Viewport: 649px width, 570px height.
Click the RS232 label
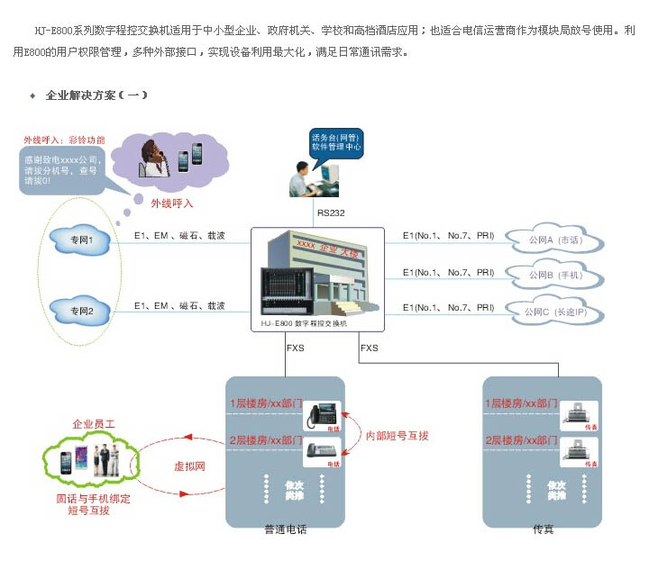pyautogui.click(x=331, y=213)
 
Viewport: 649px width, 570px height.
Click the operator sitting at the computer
pyautogui.click(x=302, y=178)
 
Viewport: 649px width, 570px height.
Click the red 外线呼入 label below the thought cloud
pyautogui.click(x=172, y=204)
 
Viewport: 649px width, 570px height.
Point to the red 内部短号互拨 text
pyautogui.click(x=398, y=436)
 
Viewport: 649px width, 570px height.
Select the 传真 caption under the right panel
pyautogui.click(x=543, y=529)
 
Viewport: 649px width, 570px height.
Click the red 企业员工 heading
pyautogui.click(x=95, y=423)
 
